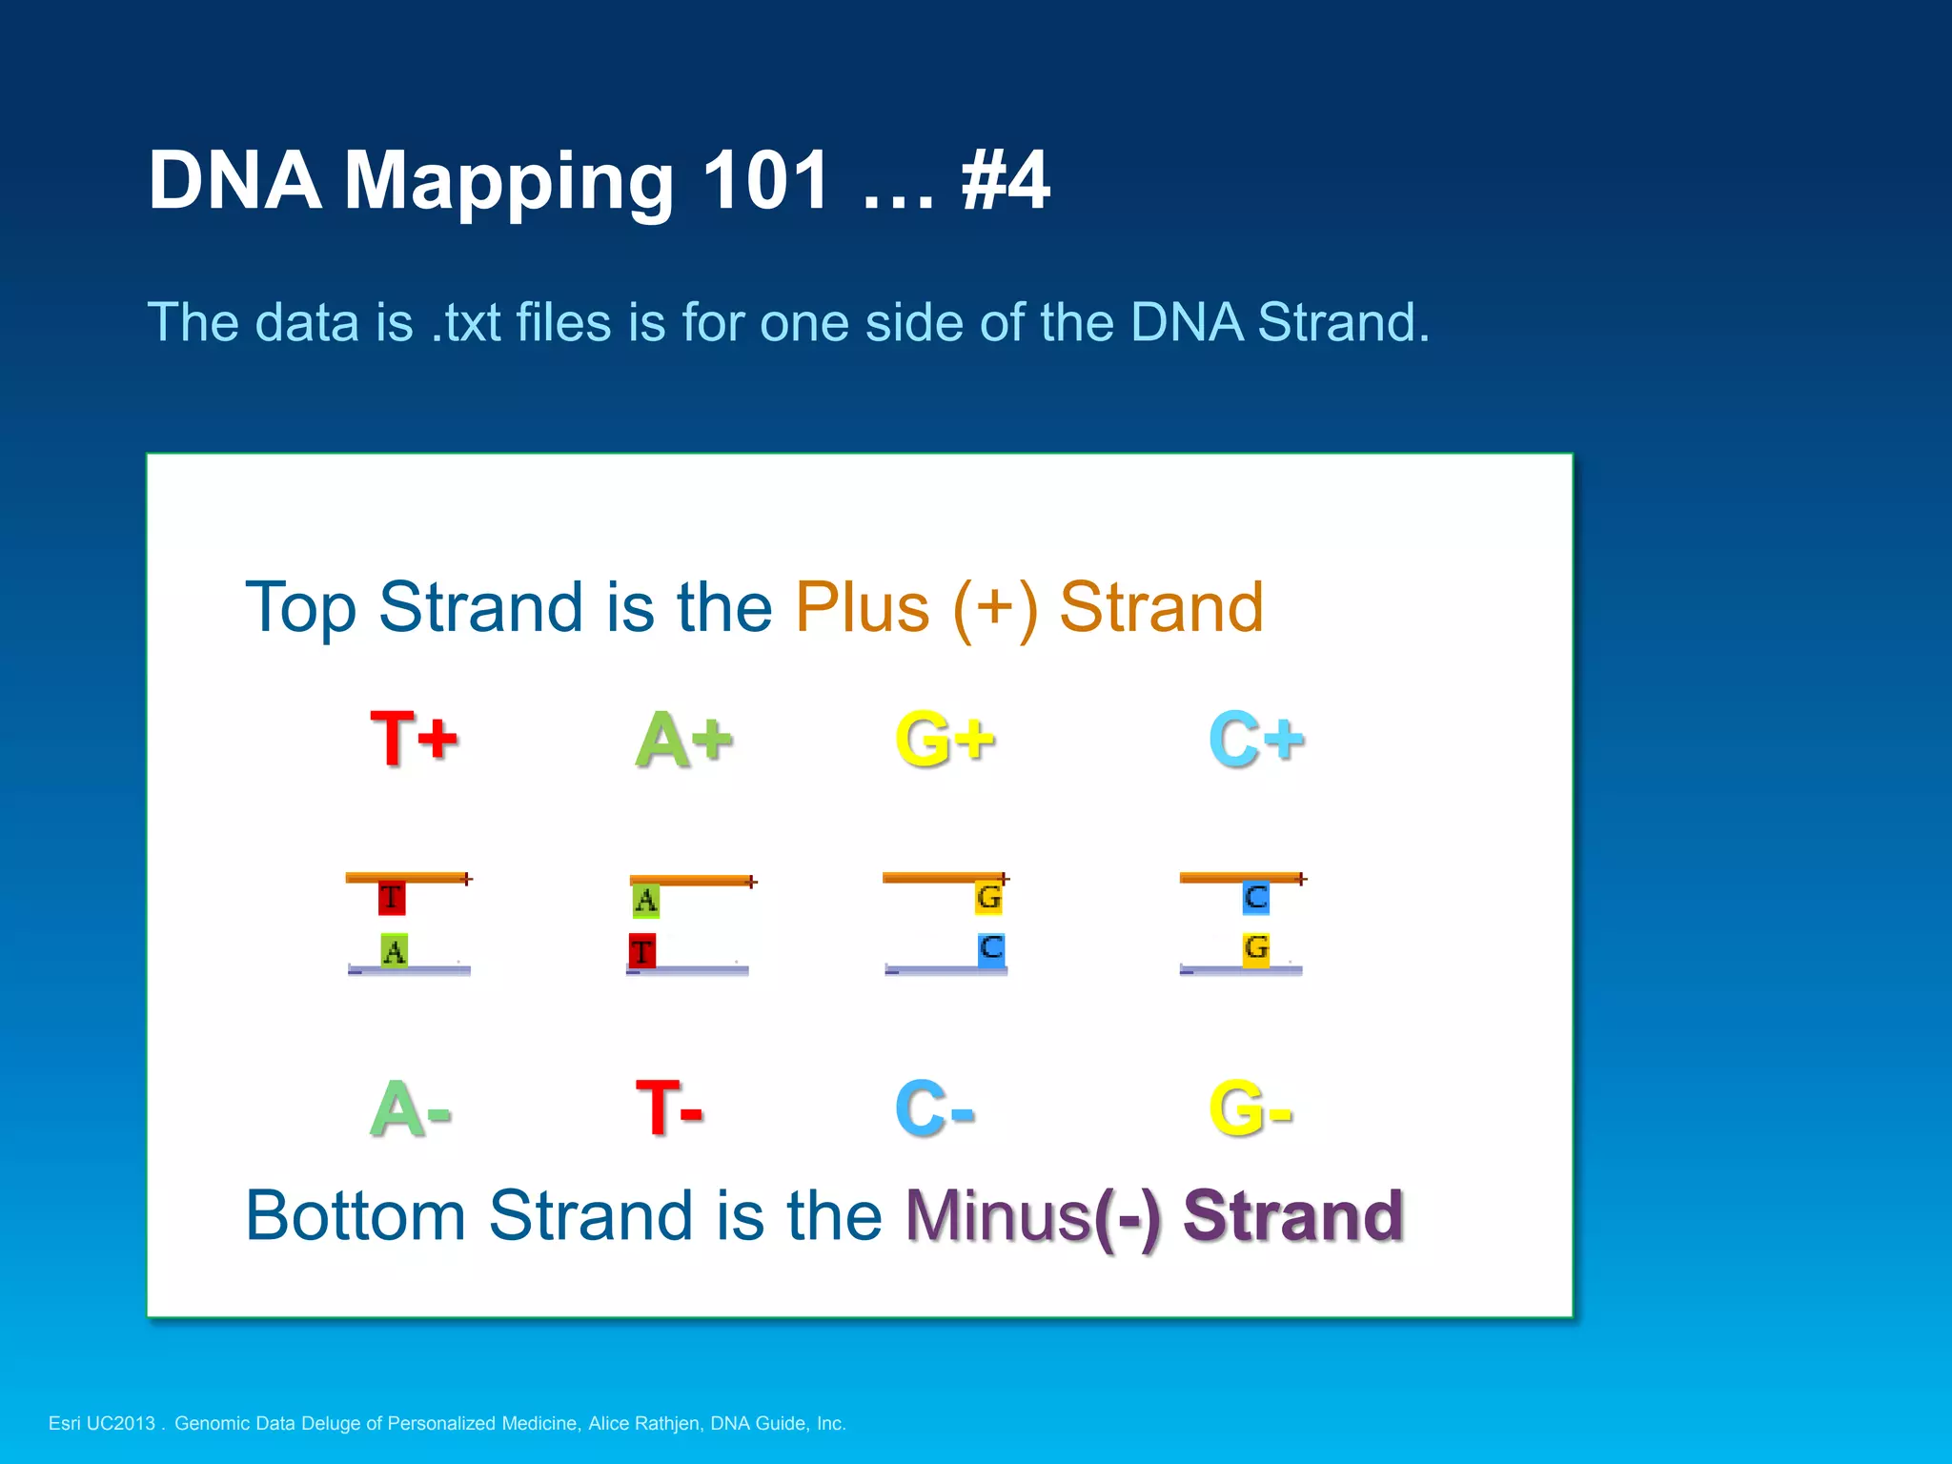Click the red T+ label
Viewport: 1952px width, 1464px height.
414,739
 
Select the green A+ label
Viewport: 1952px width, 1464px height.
683,740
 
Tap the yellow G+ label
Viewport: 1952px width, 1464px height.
945,740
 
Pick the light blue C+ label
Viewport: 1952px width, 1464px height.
1255,740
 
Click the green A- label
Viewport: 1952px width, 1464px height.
410,1108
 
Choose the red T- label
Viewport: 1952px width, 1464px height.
669,1108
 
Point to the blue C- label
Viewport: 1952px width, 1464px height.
934,1108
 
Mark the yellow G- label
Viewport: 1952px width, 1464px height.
1250,1108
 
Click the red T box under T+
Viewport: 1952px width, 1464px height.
391,898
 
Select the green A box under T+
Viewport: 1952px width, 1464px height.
394,950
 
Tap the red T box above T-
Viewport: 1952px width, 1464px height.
642,951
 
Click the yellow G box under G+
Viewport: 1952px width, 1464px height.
988,898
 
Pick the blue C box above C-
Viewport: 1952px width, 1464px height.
991,948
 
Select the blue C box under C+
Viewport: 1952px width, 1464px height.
1255,898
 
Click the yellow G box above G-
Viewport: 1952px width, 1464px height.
1255,949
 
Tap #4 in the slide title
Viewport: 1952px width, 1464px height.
1005,180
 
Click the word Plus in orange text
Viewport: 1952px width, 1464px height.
862,607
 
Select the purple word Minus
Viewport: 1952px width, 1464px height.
997,1216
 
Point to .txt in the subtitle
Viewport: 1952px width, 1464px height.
466,322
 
